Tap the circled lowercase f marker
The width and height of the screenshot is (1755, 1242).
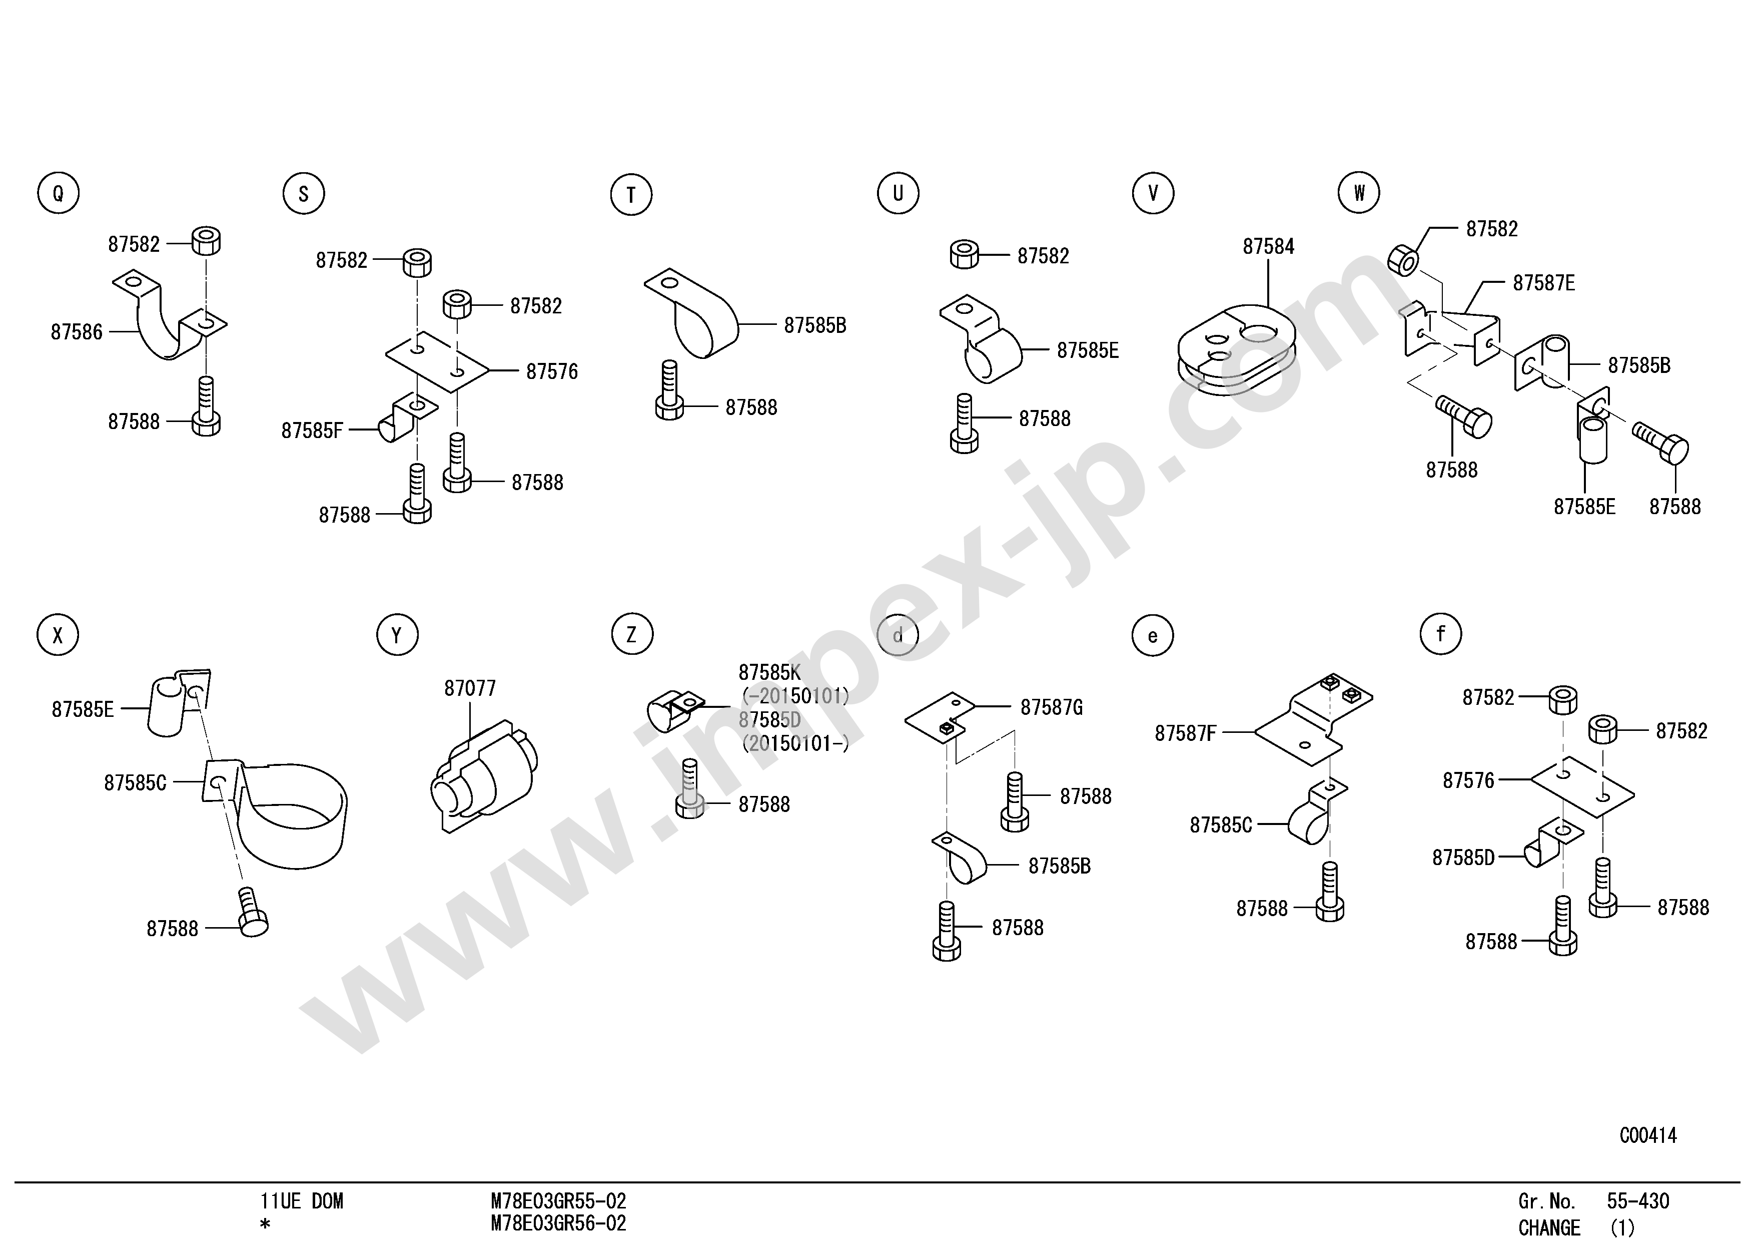[1441, 634]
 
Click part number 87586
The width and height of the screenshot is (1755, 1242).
[77, 332]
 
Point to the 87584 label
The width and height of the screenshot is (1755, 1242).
[1268, 246]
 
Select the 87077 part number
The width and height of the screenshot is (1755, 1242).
[470, 688]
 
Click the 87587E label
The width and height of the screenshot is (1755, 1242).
[1544, 283]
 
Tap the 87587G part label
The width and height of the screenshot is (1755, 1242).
[1051, 707]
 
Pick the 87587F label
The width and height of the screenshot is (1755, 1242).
[1185, 733]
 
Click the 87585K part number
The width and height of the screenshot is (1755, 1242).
[769, 672]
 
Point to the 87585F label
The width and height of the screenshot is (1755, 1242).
[312, 431]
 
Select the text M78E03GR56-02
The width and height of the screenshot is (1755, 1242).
[558, 1223]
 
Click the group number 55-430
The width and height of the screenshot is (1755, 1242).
[1638, 1201]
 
